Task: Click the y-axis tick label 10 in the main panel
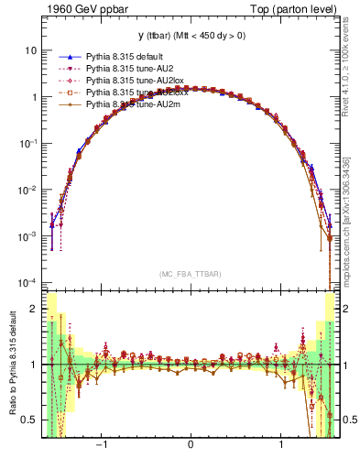(x=30, y=50)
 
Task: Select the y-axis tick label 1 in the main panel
(x=33, y=97)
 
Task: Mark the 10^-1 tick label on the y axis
(x=28, y=143)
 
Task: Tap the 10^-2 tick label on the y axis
(x=28, y=190)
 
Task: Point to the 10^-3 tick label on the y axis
(x=28, y=235)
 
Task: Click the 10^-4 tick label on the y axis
(x=28, y=281)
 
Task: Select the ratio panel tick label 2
(x=33, y=310)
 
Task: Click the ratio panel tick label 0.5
(x=29, y=420)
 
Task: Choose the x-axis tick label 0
(x=191, y=446)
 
